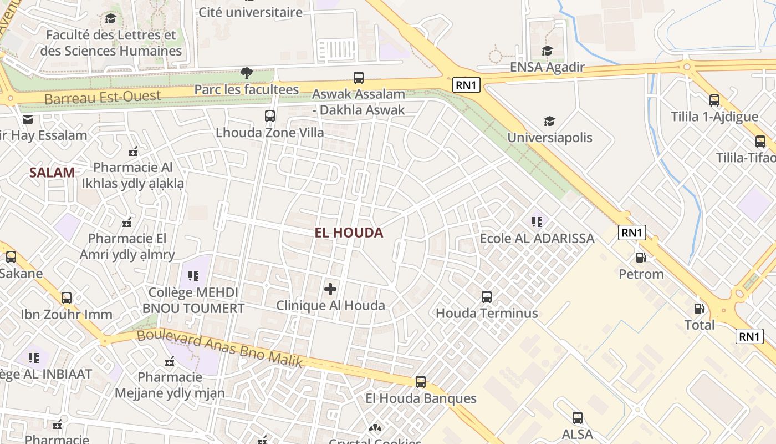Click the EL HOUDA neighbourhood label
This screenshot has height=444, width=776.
[349, 233]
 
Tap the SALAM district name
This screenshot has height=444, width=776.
[52, 172]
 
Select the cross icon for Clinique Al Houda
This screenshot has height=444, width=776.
[330, 289]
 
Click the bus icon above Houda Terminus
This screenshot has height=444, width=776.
[487, 297]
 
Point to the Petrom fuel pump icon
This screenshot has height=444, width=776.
[641, 258]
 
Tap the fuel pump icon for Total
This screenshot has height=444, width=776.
[700, 309]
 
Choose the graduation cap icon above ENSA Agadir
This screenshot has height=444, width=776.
[547, 51]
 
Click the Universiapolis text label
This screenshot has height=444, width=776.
[550, 137]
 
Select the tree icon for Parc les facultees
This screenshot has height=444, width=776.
[247, 73]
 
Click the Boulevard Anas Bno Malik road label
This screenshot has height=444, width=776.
[220, 348]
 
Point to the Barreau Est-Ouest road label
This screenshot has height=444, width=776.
[103, 97]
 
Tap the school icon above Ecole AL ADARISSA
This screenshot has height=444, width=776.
[537, 222]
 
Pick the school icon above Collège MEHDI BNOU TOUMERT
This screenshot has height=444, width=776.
[193, 276]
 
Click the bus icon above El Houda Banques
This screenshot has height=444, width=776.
[421, 382]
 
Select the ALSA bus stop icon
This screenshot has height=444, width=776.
[577, 418]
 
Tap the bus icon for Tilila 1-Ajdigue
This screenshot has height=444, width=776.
[714, 100]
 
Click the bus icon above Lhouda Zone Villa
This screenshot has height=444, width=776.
[270, 116]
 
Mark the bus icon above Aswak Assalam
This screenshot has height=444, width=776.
[359, 78]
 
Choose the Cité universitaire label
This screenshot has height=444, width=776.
[251, 12]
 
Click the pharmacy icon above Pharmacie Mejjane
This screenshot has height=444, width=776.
[170, 361]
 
